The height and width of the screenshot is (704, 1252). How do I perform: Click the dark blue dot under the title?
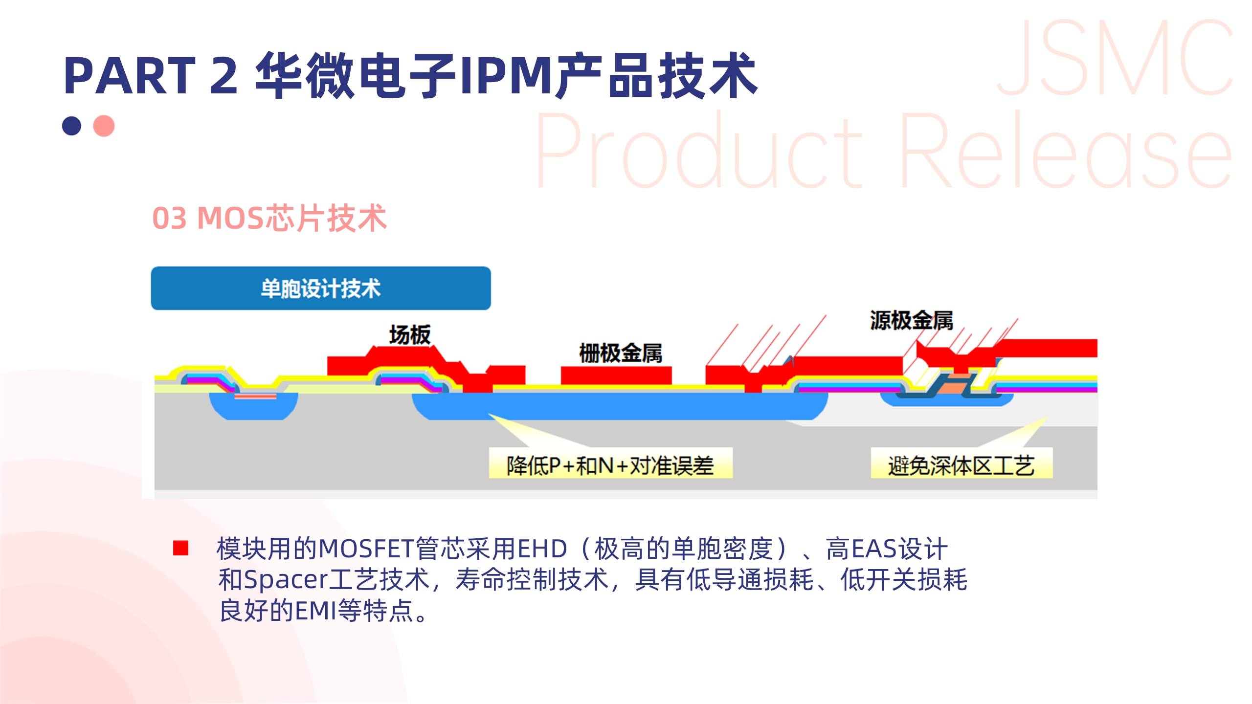pyautogui.click(x=71, y=126)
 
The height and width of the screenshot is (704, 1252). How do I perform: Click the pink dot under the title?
pyautogui.click(x=104, y=126)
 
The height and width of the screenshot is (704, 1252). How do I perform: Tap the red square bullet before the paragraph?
pyautogui.click(x=180, y=548)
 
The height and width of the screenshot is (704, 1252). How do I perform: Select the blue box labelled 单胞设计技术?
pyautogui.click(x=321, y=288)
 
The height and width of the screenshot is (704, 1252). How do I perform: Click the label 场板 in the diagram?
pyautogui.click(x=410, y=335)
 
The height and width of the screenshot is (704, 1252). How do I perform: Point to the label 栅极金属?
pyautogui.click(x=621, y=353)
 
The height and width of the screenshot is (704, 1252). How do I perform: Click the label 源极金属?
pyautogui.click(x=912, y=321)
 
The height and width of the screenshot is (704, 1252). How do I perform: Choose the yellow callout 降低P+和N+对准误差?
pyautogui.click(x=610, y=464)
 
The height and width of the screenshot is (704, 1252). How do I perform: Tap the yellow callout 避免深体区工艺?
pyautogui.click(x=961, y=464)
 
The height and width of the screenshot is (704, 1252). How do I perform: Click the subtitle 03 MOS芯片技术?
pyautogui.click(x=269, y=218)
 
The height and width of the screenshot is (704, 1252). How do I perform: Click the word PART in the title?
pyautogui.click(x=130, y=76)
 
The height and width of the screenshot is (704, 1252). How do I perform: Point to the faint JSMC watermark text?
pyautogui.click(x=1115, y=59)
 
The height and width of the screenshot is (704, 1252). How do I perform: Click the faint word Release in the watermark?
pyautogui.click(x=1066, y=152)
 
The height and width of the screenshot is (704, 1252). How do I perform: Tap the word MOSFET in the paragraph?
pyautogui.click(x=366, y=549)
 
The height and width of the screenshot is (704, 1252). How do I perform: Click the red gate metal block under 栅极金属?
pyautogui.click(x=616, y=375)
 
